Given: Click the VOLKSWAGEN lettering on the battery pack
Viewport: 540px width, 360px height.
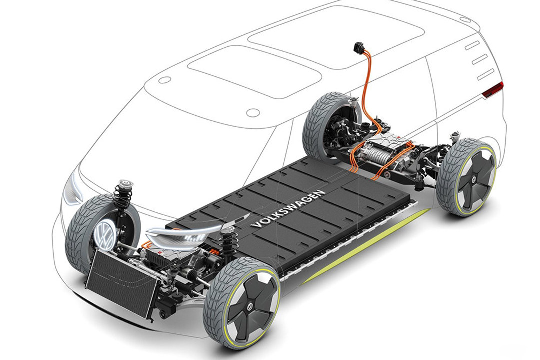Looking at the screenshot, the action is point(288,208).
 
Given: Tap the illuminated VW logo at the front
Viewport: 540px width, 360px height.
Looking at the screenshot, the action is point(105,234).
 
